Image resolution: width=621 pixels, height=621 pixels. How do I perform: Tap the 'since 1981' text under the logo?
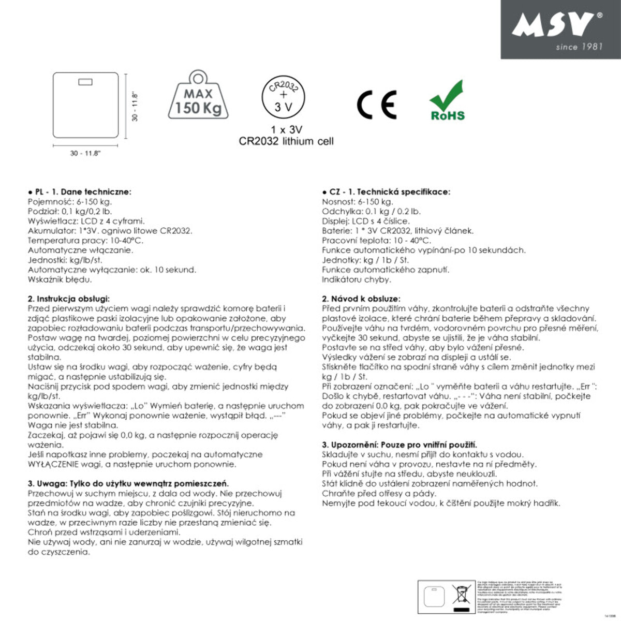point(579,47)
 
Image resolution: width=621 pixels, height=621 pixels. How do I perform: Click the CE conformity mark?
point(377,105)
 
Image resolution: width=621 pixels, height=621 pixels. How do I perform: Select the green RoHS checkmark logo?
point(448,101)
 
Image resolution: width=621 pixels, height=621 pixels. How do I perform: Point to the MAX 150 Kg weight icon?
point(198,95)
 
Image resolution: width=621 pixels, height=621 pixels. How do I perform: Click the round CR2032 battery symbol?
point(283,97)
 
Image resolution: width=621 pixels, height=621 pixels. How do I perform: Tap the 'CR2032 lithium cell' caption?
point(286,141)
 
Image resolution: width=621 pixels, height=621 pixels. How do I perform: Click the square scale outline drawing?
point(85,105)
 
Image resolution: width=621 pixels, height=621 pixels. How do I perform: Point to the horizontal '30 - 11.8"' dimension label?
point(86,153)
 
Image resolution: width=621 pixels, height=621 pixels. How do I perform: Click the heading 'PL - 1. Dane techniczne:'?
point(80,191)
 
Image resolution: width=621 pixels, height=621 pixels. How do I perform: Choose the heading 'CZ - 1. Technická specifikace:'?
point(386,191)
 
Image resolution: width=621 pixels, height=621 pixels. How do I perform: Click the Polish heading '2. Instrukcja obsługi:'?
point(68,299)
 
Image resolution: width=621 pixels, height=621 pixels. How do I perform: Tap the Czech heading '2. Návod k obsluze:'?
point(360,299)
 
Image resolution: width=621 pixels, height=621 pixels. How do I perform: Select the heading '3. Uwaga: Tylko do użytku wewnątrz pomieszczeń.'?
point(128,483)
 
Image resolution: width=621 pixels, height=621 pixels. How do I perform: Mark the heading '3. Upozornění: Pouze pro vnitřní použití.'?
point(399,445)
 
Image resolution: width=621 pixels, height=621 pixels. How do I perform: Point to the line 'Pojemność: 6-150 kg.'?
point(69,202)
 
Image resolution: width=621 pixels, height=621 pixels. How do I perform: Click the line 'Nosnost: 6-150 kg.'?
point(357,202)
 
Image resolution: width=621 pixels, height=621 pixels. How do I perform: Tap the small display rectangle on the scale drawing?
point(85,82)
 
